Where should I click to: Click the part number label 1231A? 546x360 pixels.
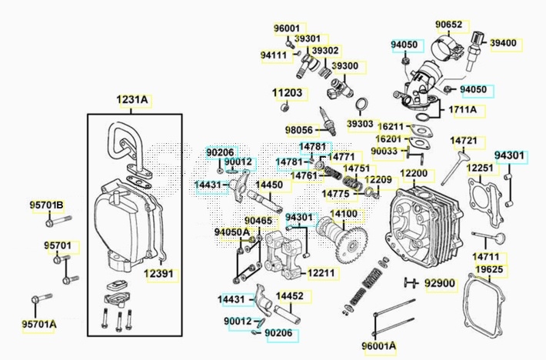pyautogui.click(x=132, y=100)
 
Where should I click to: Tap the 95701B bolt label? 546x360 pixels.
pyautogui.click(x=47, y=205)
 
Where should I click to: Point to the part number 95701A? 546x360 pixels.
pyautogui.click(x=38, y=324)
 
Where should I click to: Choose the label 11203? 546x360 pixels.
pyautogui.click(x=287, y=93)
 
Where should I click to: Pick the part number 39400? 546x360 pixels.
pyautogui.click(x=504, y=43)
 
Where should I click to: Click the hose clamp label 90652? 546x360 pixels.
pyautogui.click(x=449, y=25)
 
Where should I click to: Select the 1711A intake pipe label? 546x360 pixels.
pyautogui.click(x=463, y=110)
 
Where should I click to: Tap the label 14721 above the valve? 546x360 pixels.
pyautogui.click(x=464, y=142)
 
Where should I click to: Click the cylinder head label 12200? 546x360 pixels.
pyautogui.click(x=412, y=174)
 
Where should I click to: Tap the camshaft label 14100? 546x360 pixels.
pyautogui.click(x=343, y=214)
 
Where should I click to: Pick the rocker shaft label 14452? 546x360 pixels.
pyautogui.click(x=289, y=295)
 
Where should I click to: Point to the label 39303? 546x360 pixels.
pyautogui.click(x=360, y=122)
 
